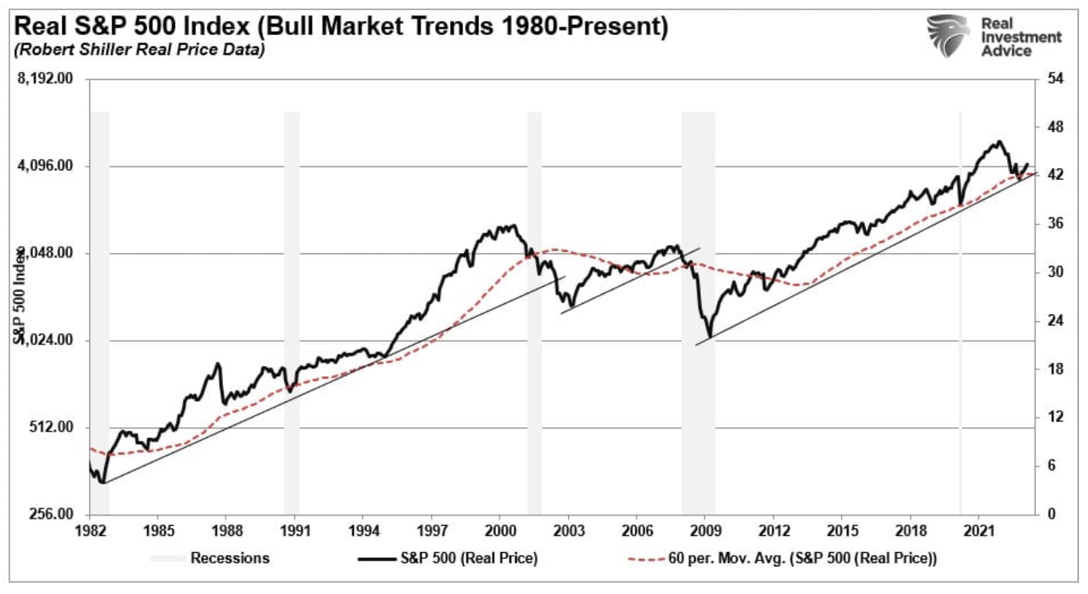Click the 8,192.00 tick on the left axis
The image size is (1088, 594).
pos(45,79)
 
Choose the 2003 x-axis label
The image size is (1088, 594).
pos(569,531)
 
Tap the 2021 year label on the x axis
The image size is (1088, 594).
pos(979,531)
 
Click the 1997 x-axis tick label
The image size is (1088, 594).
pos(432,531)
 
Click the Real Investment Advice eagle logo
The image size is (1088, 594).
pos(948,36)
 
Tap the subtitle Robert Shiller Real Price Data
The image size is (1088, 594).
pos(139,50)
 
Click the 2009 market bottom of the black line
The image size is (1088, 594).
pos(710,336)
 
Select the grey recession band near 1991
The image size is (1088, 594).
pos(291,310)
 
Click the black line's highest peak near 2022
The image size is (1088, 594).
pos(997,142)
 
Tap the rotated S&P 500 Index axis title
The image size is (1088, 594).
pos(20,294)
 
